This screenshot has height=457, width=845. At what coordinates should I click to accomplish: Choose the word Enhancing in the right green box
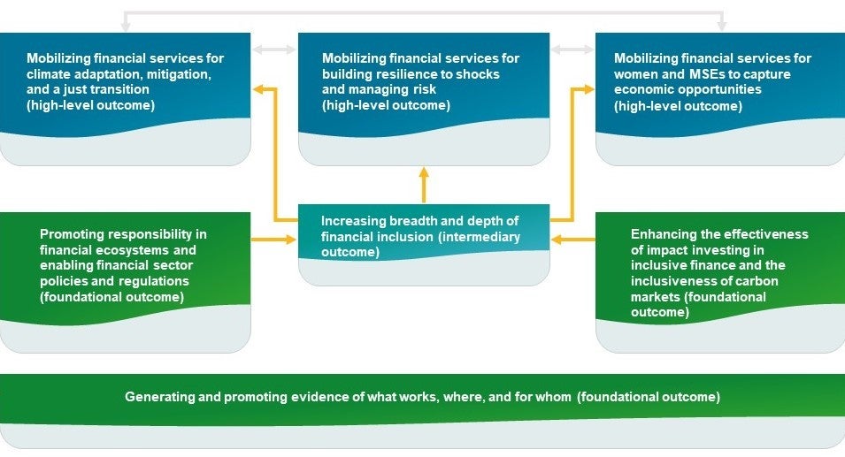(662, 234)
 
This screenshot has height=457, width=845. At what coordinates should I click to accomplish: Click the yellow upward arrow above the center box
(424, 185)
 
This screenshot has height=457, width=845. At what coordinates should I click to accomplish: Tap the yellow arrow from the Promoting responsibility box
(274, 240)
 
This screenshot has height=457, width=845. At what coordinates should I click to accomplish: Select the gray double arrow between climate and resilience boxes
(274, 50)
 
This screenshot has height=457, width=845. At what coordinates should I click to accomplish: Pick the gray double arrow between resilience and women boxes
(572, 50)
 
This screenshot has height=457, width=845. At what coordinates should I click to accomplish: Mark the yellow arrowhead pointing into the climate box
(257, 88)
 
